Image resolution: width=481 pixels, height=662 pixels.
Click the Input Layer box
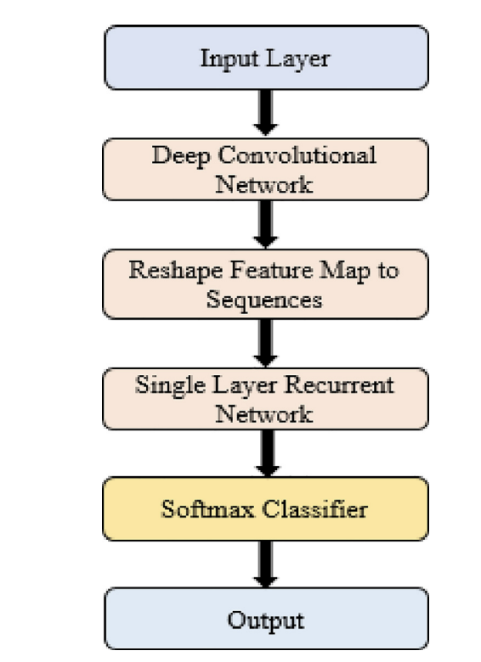[x=264, y=58]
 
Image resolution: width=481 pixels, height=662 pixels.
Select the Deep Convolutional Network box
[x=264, y=170]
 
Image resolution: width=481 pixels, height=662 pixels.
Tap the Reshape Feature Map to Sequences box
[x=264, y=283]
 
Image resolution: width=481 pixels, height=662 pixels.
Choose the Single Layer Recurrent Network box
[x=264, y=397]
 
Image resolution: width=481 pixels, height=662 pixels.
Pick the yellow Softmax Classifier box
[x=264, y=508]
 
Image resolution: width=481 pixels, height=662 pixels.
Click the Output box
[x=264, y=620]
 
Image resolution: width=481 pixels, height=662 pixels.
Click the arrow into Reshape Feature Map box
[x=265, y=226]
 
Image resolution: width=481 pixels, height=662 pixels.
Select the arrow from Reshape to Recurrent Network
[x=265, y=340]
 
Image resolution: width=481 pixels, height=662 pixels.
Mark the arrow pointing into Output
[x=265, y=564]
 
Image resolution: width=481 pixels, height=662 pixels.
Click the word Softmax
[x=201, y=509]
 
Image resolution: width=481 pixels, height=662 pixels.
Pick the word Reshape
[x=166, y=271]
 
